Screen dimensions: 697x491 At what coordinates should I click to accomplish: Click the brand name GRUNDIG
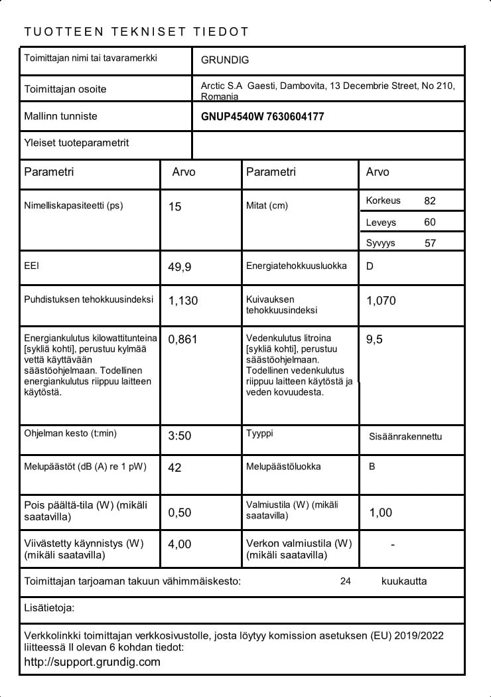pyautogui.click(x=225, y=60)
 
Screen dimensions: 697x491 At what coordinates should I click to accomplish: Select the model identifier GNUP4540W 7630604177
pyautogui.click(x=262, y=117)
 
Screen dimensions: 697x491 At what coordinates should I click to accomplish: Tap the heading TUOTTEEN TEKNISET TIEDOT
pyautogui.click(x=136, y=32)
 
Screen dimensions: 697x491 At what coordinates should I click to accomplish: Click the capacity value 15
pyautogui.click(x=175, y=207)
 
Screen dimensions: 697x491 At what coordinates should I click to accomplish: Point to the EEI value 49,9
pyautogui.click(x=180, y=268)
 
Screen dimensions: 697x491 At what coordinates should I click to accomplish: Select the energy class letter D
pyautogui.click(x=370, y=266)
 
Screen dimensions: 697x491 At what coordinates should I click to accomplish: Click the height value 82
pyautogui.click(x=430, y=201)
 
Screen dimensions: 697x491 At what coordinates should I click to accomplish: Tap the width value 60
pyautogui.click(x=430, y=222)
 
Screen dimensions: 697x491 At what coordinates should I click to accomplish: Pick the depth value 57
pyautogui.click(x=430, y=243)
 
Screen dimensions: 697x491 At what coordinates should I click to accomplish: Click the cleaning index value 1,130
pyautogui.click(x=183, y=301)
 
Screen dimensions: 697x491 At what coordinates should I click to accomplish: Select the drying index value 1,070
pyautogui.click(x=381, y=301)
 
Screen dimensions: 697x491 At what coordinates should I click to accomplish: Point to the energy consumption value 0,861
pyautogui.click(x=183, y=339)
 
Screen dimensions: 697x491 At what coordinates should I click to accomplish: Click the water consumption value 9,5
pyautogui.click(x=374, y=339)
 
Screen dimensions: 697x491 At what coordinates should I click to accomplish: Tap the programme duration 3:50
pyautogui.click(x=180, y=436)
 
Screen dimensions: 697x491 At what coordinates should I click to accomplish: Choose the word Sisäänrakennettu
pyautogui.click(x=405, y=437)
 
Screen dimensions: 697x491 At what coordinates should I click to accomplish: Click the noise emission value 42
pyautogui.click(x=175, y=468)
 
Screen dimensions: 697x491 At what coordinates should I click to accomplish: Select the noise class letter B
pyautogui.click(x=372, y=467)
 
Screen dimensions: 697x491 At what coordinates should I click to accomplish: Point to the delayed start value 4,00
pyautogui.click(x=180, y=544)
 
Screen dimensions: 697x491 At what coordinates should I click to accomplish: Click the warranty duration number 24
pyautogui.click(x=345, y=581)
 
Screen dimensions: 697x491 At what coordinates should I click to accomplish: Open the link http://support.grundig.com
pyautogui.click(x=92, y=662)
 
